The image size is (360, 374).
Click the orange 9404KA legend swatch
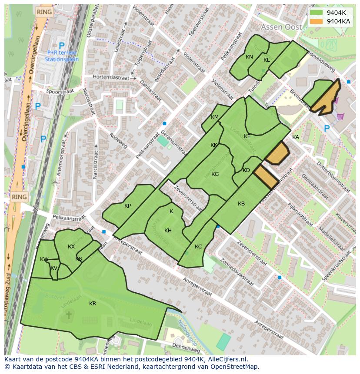point(317,21)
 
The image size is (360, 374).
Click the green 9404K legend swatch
point(317,13)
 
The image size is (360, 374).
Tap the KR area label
point(93,304)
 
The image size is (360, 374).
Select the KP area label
point(127,206)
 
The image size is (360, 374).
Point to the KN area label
point(249,57)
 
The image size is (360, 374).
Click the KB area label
point(241,204)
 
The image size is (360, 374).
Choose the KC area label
point(198,247)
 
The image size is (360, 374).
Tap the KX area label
point(71,247)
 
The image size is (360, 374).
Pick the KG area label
point(215,174)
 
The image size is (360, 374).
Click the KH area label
point(168,231)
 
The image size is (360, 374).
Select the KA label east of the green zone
point(296,137)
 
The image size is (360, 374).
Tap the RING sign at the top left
point(44,12)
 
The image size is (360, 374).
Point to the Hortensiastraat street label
point(111,77)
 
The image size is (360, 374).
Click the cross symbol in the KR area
point(68,315)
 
